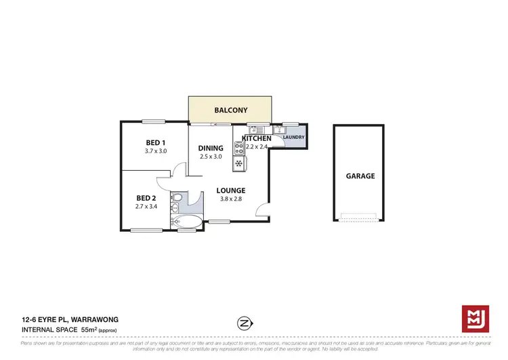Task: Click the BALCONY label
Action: pyautogui.click(x=230, y=110)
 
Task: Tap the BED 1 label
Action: pyautogui.click(x=156, y=142)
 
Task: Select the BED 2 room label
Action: pyautogui.click(x=146, y=198)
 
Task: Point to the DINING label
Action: pyautogui.click(x=211, y=148)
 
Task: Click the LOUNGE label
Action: pyautogui.click(x=232, y=191)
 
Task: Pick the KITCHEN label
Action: pyautogui.click(x=256, y=139)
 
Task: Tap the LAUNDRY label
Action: pyautogui.click(x=294, y=137)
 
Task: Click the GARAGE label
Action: pyautogui.click(x=360, y=176)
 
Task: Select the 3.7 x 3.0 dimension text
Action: pyautogui.click(x=156, y=151)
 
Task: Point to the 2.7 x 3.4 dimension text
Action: pyautogui.click(x=146, y=206)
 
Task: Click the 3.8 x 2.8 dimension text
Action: pyautogui.click(x=232, y=199)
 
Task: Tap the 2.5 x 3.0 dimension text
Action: pyautogui.click(x=211, y=157)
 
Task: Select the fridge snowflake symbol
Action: pyautogui.click(x=238, y=163)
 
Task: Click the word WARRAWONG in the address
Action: pyautogui.click(x=79, y=318)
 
